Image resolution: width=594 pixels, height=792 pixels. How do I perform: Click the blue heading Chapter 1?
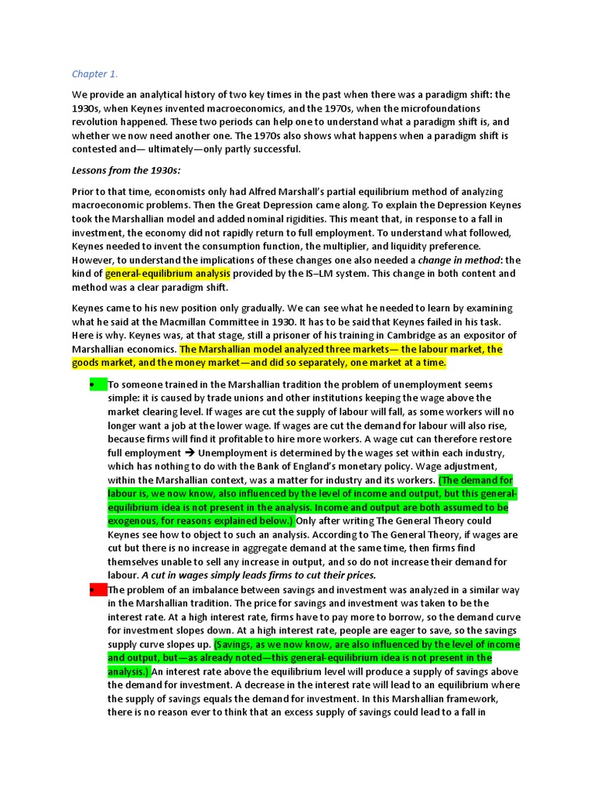point(94,74)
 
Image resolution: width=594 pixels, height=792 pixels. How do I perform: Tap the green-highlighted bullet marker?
point(97,384)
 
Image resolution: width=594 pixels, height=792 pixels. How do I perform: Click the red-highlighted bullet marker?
point(97,590)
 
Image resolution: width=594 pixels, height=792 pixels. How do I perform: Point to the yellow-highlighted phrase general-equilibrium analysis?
point(168,274)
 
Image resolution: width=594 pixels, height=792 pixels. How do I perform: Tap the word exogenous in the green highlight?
point(132,521)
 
